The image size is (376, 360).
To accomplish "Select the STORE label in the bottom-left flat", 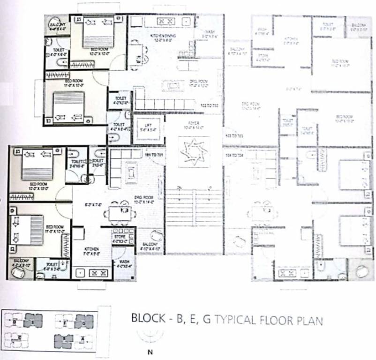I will (119, 238).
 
